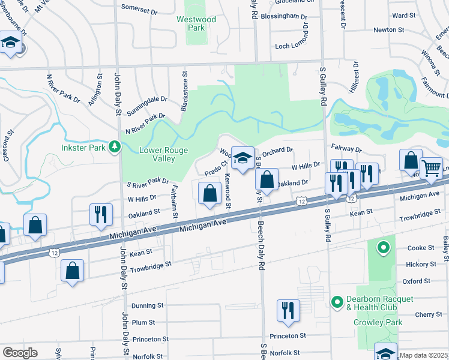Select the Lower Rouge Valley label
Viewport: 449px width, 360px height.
click(x=163, y=155)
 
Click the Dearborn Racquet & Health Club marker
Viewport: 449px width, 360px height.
click(x=336, y=301)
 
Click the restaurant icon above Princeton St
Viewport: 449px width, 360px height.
click(x=288, y=310)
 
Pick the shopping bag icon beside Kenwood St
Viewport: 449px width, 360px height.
click(x=209, y=193)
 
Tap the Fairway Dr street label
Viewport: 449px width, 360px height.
click(x=346, y=148)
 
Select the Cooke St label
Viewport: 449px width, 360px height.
click(x=420, y=248)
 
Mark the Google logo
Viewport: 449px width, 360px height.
click(x=20, y=353)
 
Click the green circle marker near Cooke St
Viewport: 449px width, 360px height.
click(x=382, y=247)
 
